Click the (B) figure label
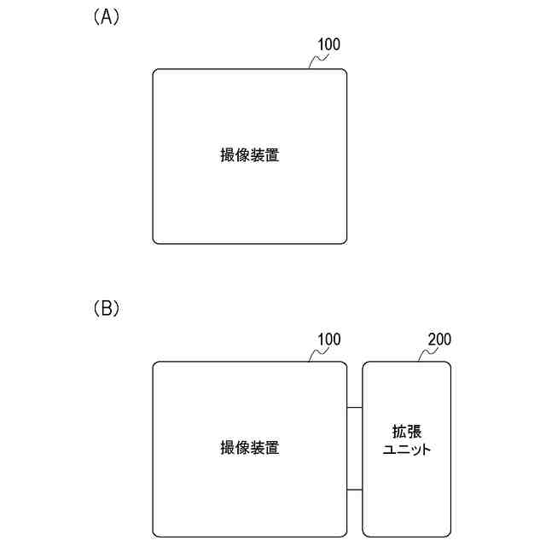(107, 309)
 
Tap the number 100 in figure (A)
(329, 45)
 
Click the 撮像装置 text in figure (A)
(250, 156)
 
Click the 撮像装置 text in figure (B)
(250, 448)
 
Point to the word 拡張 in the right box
(405, 432)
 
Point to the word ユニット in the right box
(405, 449)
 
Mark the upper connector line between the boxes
(355, 408)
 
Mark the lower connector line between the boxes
(355, 490)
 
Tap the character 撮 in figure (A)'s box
(228, 156)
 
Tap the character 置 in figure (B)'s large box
(272, 448)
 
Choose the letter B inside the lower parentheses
(107, 309)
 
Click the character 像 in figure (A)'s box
(242, 156)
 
